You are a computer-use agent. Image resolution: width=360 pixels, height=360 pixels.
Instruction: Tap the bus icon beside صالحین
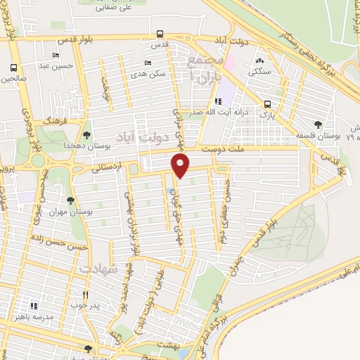pyautogui.click(x=13, y=68)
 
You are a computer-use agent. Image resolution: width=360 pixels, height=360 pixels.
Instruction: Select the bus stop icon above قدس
pyautogui.click(x=160, y=34)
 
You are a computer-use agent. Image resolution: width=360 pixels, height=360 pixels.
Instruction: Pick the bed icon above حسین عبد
pyautogui.click(x=56, y=56)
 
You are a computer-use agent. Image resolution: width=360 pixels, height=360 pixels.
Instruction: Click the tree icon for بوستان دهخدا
pyautogui.click(x=86, y=134)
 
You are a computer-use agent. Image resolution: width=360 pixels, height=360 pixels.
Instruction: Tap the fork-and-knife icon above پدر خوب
pyautogui.click(x=85, y=295)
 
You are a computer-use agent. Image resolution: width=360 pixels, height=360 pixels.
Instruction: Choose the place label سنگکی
pyautogui.click(x=260, y=70)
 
